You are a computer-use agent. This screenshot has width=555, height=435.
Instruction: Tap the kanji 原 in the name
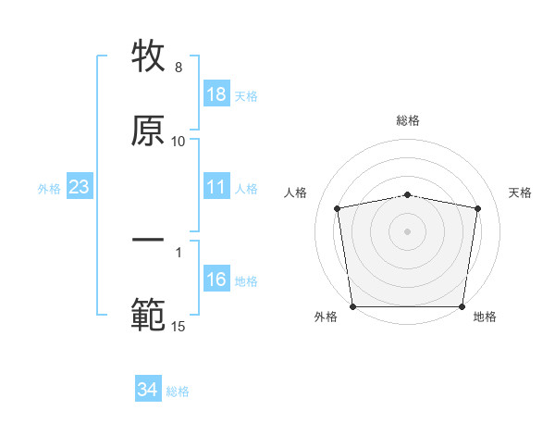[x=149, y=130]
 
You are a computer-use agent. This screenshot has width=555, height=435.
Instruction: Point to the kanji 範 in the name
[x=149, y=316]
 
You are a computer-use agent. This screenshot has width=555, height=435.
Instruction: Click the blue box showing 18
[x=216, y=94]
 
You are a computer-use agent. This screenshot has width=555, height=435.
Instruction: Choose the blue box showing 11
[x=216, y=188]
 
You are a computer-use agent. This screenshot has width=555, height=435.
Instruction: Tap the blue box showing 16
[x=216, y=280]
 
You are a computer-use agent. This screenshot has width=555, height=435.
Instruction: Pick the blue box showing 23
[x=80, y=188]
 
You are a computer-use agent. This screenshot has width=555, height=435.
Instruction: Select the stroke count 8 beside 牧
[x=179, y=68]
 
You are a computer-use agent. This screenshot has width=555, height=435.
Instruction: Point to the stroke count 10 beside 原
[x=179, y=141]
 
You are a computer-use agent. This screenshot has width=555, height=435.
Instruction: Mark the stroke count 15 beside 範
[x=179, y=326]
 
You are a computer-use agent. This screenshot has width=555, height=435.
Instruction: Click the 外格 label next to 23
[x=49, y=189]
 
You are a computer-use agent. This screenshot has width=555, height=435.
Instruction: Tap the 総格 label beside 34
[x=179, y=391]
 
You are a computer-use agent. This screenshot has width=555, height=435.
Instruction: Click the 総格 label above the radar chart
[x=408, y=120]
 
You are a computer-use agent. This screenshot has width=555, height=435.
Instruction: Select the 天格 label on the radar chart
[x=521, y=193]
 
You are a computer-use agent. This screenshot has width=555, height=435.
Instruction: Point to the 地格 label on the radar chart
[x=485, y=317]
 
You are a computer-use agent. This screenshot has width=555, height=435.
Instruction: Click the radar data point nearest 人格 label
[x=338, y=208]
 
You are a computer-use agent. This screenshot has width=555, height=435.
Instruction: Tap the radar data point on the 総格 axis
[x=408, y=194]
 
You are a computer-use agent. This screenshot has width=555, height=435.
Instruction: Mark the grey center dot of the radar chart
[x=408, y=230]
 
